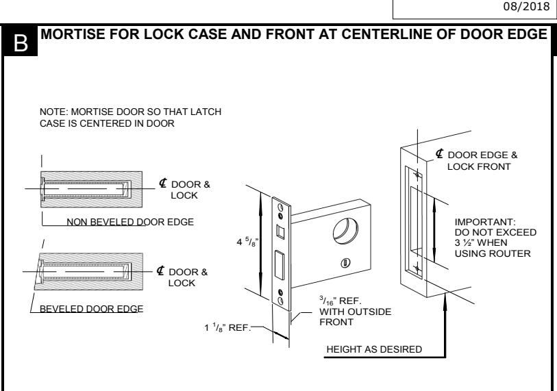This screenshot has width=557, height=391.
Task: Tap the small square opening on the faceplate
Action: point(280,231)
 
